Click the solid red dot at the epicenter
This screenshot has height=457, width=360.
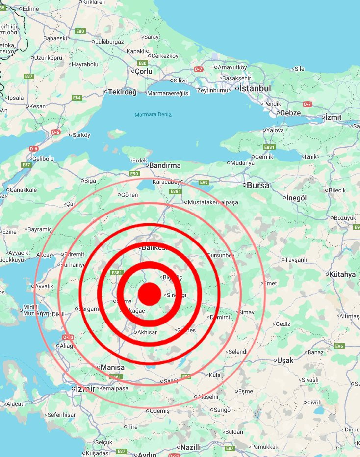click(x=150, y=294)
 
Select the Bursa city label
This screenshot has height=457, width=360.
click(x=258, y=186)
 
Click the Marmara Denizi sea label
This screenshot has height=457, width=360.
click(x=154, y=115)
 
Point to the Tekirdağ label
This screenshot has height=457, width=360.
click(x=122, y=92)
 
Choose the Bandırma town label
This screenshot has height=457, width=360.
click(x=165, y=166)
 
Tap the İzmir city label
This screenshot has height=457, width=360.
click(x=84, y=389)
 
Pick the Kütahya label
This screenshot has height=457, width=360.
click(x=343, y=274)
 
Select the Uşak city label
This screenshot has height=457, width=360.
click(x=285, y=360)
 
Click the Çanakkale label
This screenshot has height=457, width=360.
click(x=24, y=190)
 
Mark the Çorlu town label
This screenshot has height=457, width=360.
click(x=143, y=72)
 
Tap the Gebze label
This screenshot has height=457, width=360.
click(x=290, y=113)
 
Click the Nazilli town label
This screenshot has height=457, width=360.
click(x=190, y=447)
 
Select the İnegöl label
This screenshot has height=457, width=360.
click(x=297, y=197)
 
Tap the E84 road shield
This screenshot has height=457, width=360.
click(x=77, y=98)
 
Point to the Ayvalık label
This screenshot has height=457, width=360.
click(x=44, y=286)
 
